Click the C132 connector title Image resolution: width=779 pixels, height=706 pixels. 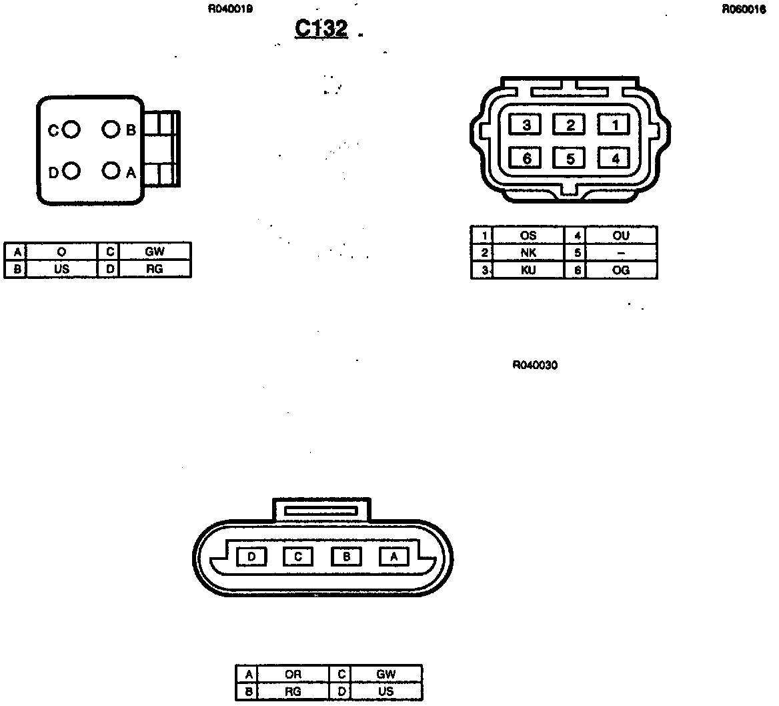tap(321, 29)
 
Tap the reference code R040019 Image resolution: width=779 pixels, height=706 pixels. tap(230, 9)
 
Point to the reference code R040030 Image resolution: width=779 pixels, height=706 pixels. tap(536, 365)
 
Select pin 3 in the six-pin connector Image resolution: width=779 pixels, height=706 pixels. tap(526, 125)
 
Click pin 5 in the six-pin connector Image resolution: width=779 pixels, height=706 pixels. tap(570, 158)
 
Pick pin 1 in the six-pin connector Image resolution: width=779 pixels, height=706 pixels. tap(616, 125)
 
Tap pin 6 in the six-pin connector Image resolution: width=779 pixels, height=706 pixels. tap(526, 158)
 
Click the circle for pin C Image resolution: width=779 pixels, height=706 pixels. tap(72, 129)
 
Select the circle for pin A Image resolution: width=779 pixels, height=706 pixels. tap(111, 171)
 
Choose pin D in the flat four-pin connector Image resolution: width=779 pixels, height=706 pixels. tap(251, 556)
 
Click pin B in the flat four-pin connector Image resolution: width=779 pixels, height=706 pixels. tap(346, 556)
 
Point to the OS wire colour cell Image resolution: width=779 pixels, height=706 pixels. tap(528, 236)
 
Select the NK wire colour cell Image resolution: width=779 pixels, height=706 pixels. tap(528, 253)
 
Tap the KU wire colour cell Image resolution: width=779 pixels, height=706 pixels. tap(528, 270)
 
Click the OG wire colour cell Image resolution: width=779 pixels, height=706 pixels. tap(620, 270)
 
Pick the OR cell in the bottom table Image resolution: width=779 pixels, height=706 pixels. tap(293, 675)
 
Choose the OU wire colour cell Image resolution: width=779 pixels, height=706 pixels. tap(620, 236)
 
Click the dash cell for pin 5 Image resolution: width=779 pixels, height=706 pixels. tap(620, 253)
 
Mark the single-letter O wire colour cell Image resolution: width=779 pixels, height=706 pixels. tap(61, 252)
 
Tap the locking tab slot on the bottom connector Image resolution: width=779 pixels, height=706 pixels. tap(321, 510)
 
